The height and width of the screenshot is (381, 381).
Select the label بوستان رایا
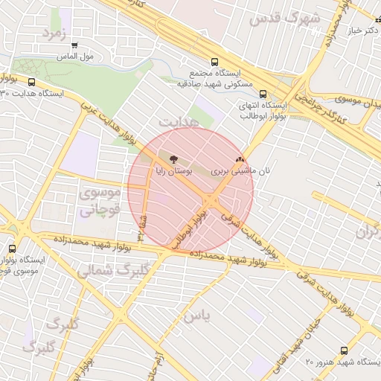pos(173,170)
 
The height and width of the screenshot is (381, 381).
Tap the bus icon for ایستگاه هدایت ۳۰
pos(31,83)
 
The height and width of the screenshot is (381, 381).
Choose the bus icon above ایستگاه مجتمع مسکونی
pos(215,63)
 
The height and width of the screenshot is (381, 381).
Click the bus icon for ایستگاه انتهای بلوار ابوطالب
pos(263,94)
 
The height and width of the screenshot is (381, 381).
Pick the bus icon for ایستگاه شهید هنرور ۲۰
pos(343,350)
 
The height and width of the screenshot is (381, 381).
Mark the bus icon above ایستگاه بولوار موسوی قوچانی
pos(12,249)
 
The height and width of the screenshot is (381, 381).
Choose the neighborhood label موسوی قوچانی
pos(98,202)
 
